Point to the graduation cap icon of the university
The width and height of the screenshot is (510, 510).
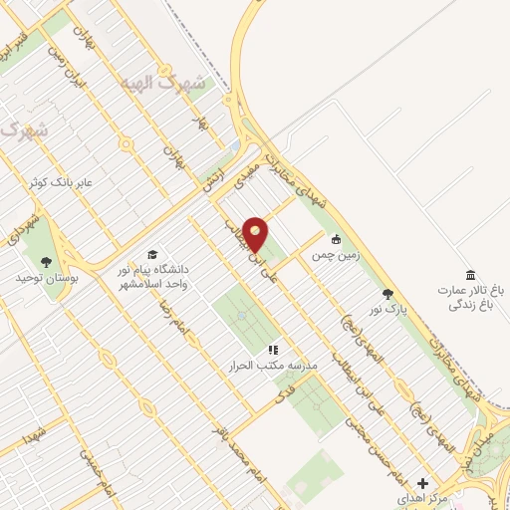(x=152, y=254)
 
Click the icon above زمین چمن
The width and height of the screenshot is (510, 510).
(x=337, y=239)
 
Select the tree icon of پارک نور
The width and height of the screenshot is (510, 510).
(x=387, y=294)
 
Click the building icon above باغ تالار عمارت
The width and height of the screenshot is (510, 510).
(x=470, y=275)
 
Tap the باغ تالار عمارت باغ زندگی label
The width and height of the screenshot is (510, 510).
(x=470, y=297)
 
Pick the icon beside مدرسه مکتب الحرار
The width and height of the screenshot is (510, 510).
(x=272, y=350)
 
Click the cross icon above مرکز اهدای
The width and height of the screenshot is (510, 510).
(x=423, y=481)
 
